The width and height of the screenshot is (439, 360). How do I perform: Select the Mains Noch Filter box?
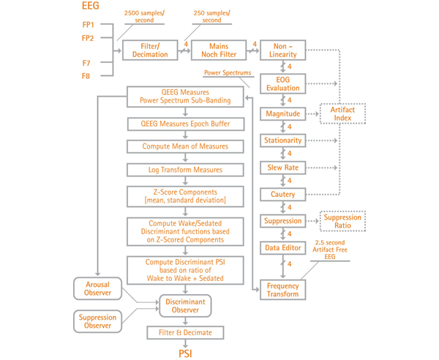point(219,50)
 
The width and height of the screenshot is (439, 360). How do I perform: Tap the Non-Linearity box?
point(282,50)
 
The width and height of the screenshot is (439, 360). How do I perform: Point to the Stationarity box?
point(282,140)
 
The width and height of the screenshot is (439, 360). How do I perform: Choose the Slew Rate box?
point(282,168)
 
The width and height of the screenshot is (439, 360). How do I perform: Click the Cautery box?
point(282,195)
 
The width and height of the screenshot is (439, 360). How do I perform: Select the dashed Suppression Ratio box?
point(342,220)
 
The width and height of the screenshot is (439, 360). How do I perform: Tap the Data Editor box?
point(282,248)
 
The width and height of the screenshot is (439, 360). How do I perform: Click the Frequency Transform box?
point(282,289)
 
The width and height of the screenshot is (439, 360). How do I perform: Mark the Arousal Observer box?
point(97,288)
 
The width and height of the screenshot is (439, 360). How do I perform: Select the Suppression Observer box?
point(97,320)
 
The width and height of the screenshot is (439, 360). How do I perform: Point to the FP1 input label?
point(89,24)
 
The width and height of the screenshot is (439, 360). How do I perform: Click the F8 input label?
point(86,75)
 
